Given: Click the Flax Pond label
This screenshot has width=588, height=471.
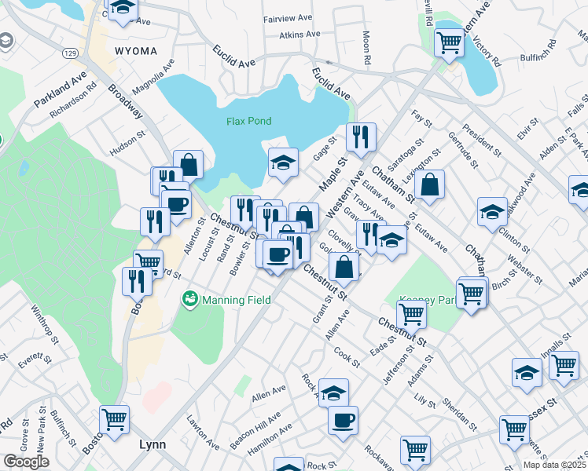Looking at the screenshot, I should [x=248, y=121].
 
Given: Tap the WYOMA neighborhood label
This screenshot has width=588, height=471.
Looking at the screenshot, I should [x=136, y=51].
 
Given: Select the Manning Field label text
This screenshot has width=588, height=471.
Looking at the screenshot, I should [x=237, y=300].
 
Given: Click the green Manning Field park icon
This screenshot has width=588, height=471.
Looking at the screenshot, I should [x=189, y=299].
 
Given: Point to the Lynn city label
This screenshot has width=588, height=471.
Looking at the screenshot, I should [x=152, y=444].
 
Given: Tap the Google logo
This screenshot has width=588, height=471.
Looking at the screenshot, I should [x=26, y=462].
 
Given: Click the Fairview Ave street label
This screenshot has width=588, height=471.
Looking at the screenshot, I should [x=288, y=17].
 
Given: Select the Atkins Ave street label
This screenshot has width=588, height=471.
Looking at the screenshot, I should [x=300, y=35].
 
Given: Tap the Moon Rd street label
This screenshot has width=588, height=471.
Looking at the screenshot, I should [x=366, y=48].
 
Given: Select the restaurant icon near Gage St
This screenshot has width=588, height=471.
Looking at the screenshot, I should [x=361, y=137].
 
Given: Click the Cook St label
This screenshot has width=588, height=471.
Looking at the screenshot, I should [x=347, y=357].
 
